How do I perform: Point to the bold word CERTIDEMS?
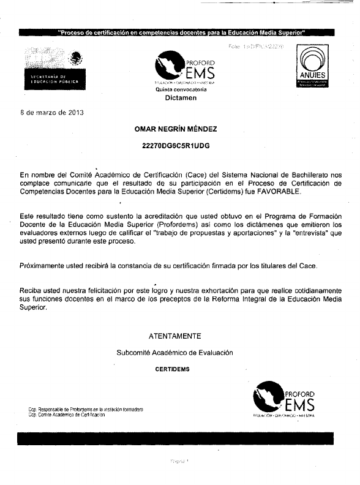click(173, 370)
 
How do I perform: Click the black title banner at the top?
click(180, 32)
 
